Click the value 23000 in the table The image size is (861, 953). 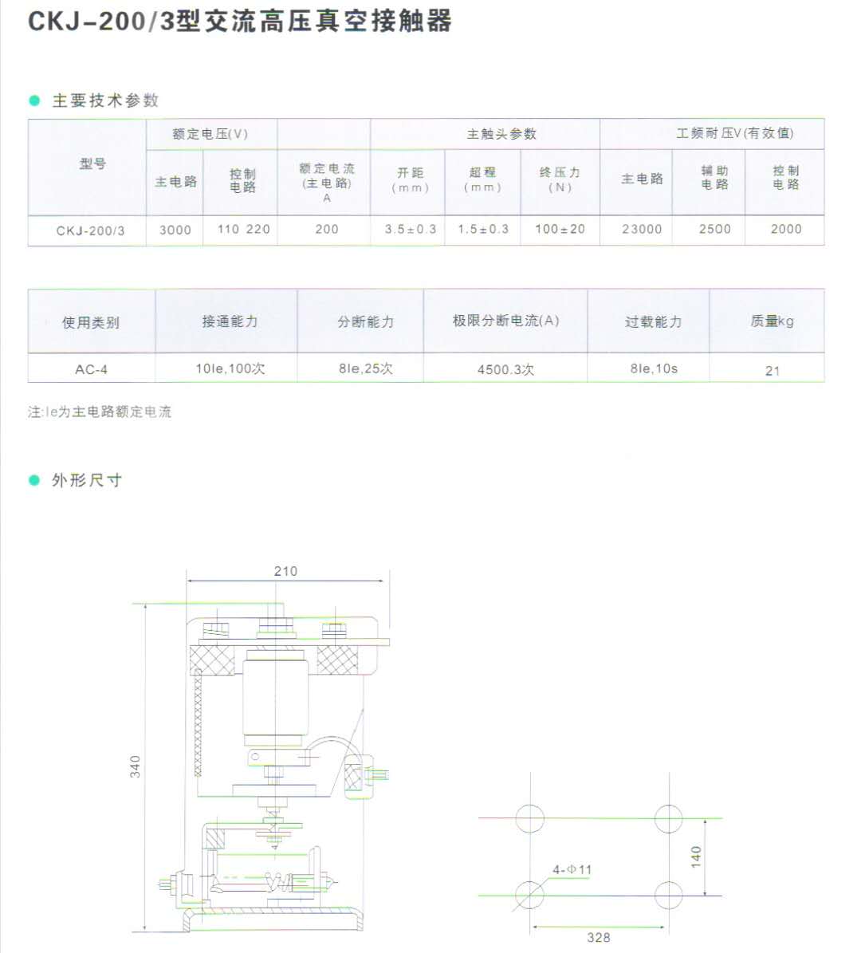[x=642, y=229]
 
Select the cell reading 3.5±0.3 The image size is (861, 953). [x=410, y=229]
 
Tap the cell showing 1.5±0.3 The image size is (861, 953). [x=482, y=229]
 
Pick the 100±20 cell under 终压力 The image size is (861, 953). [x=560, y=229]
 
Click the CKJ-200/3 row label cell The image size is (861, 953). [x=90, y=230]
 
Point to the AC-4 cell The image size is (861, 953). [x=91, y=369]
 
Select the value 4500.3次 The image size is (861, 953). [x=505, y=369]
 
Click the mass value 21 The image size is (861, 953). [x=772, y=370]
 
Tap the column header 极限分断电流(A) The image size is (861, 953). [x=505, y=321]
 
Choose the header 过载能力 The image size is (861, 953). [x=653, y=321]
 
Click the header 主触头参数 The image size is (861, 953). [x=501, y=134]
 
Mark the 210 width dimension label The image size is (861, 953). [x=285, y=571]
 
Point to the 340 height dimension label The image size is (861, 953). [x=136, y=766]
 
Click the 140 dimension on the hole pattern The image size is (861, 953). [x=697, y=857]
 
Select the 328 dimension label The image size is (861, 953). [x=598, y=938]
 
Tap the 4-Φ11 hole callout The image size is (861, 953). [x=572, y=869]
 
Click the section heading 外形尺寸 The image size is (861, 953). [x=86, y=480]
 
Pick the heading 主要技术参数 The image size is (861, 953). [x=105, y=100]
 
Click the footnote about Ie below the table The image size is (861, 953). [x=100, y=412]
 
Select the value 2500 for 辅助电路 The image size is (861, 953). [x=714, y=229]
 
